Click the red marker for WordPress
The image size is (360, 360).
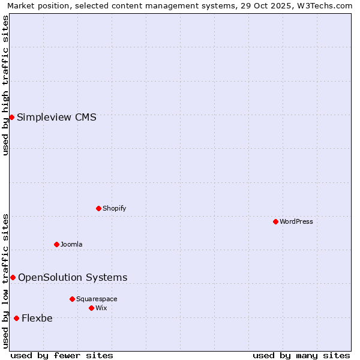tap(275, 221)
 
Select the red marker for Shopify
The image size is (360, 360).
tap(98, 208)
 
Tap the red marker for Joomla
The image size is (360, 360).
tap(56, 244)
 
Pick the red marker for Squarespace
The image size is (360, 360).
tap(72, 299)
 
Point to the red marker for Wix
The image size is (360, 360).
tap(91, 308)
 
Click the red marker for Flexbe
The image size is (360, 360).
tap(16, 318)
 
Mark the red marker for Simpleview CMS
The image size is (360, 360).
tap(11, 117)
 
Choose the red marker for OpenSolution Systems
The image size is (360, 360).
tap(13, 277)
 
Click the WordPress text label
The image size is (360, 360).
tap(296, 221)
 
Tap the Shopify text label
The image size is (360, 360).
tap(114, 208)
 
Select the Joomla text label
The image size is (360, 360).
tap(71, 244)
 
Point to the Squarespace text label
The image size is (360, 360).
tap(97, 299)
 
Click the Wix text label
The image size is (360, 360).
tap(101, 308)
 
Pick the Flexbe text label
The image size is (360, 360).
tap(37, 318)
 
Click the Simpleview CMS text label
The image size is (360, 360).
tap(56, 117)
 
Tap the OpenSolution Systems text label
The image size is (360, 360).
tap(73, 277)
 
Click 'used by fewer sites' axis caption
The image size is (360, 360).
tap(62, 355)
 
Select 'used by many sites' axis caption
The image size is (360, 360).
tap(301, 355)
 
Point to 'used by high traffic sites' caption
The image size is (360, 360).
tap(6, 85)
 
